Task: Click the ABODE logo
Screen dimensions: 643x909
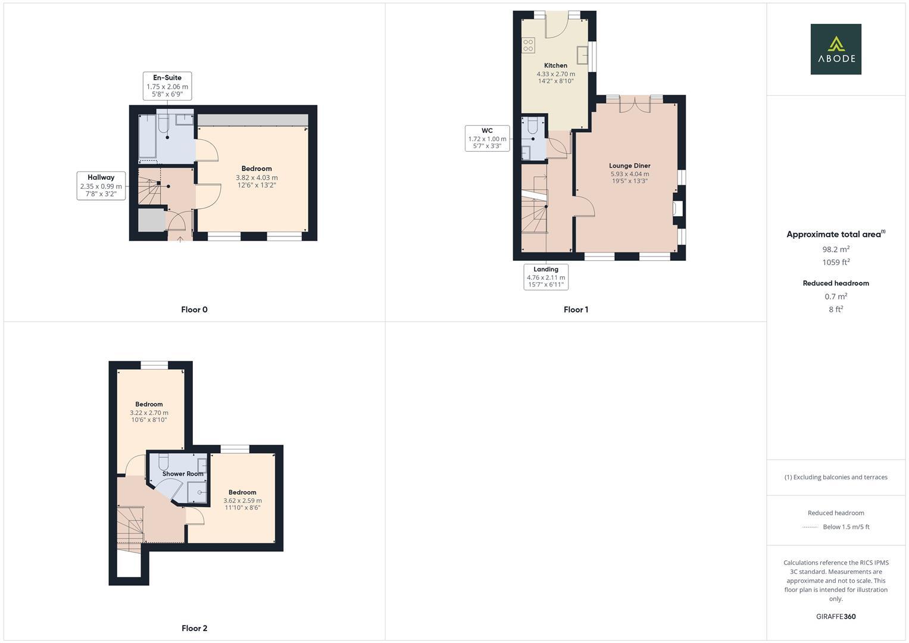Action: pos(835,49)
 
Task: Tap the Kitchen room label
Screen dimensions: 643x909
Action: pos(555,65)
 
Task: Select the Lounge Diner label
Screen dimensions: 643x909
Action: pos(629,166)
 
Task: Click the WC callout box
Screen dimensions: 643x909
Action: pos(487,138)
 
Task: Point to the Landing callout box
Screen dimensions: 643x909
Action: pos(546,277)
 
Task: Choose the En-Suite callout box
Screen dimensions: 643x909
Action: pos(167,86)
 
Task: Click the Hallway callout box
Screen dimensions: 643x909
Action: pos(101,185)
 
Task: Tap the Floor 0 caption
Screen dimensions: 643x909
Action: pos(194,310)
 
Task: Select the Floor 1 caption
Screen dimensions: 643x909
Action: pos(576,310)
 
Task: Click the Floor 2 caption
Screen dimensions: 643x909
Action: pos(194,628)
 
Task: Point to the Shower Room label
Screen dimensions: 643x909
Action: pos(183,474)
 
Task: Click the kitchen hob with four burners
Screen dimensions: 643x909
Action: pos(528,45)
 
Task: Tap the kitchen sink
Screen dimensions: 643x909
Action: pos(583,54)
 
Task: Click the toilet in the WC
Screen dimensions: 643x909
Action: pos(532,125)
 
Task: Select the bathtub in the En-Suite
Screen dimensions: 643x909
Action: pos(147,136)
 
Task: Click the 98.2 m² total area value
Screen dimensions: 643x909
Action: pos(835,249)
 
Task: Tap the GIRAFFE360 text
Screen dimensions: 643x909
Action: pos(835,617)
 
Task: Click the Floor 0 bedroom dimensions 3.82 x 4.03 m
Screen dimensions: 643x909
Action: pos(257,177)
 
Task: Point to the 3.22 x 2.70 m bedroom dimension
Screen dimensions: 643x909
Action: pos(149,413)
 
